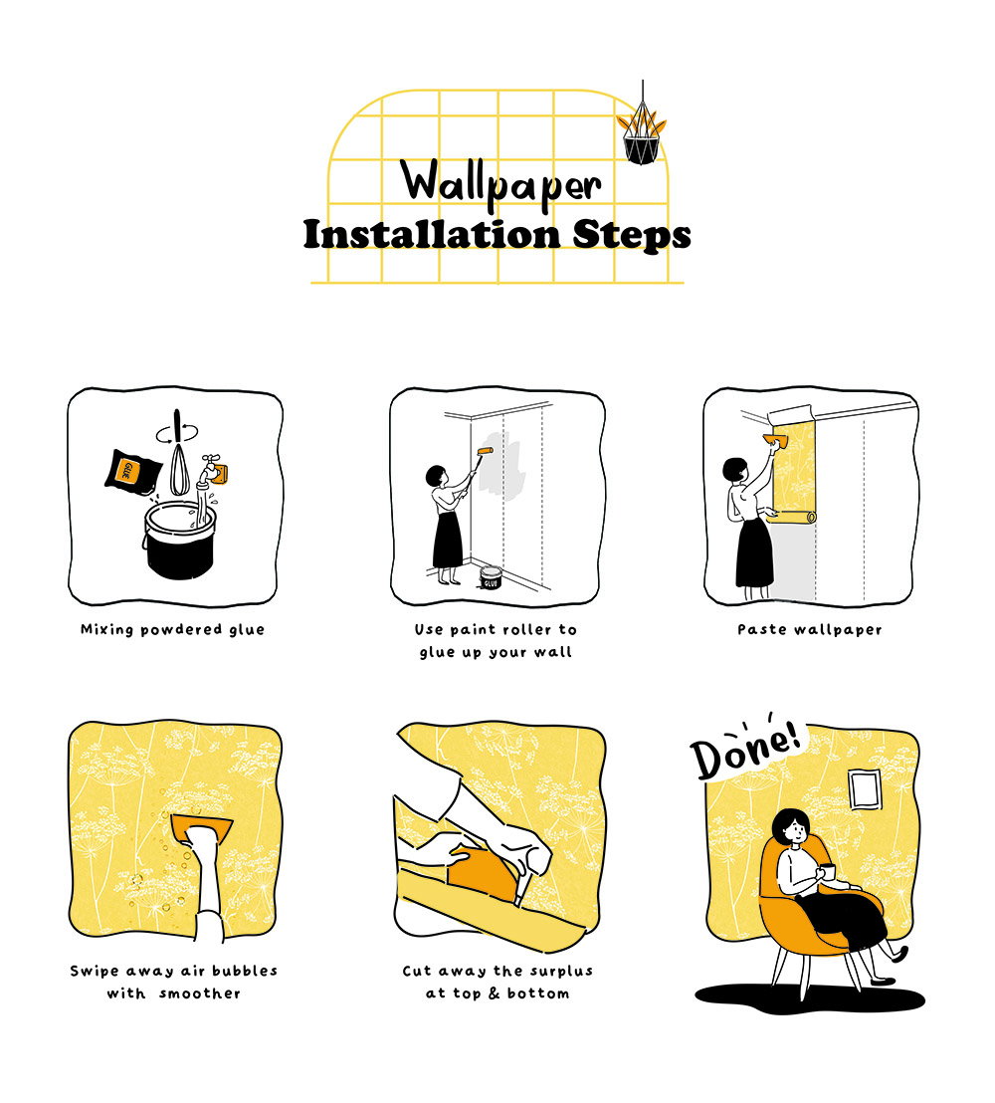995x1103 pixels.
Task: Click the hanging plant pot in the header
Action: tap(642, 149)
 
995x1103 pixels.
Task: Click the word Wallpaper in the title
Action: tap(500, 183)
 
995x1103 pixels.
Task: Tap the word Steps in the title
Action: tap(631, 235)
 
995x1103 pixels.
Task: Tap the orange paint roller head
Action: tap(486, 451)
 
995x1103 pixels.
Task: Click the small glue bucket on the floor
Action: tap(491, 577)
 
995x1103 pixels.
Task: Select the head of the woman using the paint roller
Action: tap(436, 476)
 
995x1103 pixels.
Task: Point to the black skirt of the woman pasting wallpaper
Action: tap(754, 552)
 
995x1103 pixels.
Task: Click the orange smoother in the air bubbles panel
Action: tap(201, 828)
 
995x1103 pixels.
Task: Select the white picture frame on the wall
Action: tap(865, 789)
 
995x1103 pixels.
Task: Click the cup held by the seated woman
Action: tap(828, 872)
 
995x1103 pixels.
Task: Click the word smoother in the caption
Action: tap(200, 993)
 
